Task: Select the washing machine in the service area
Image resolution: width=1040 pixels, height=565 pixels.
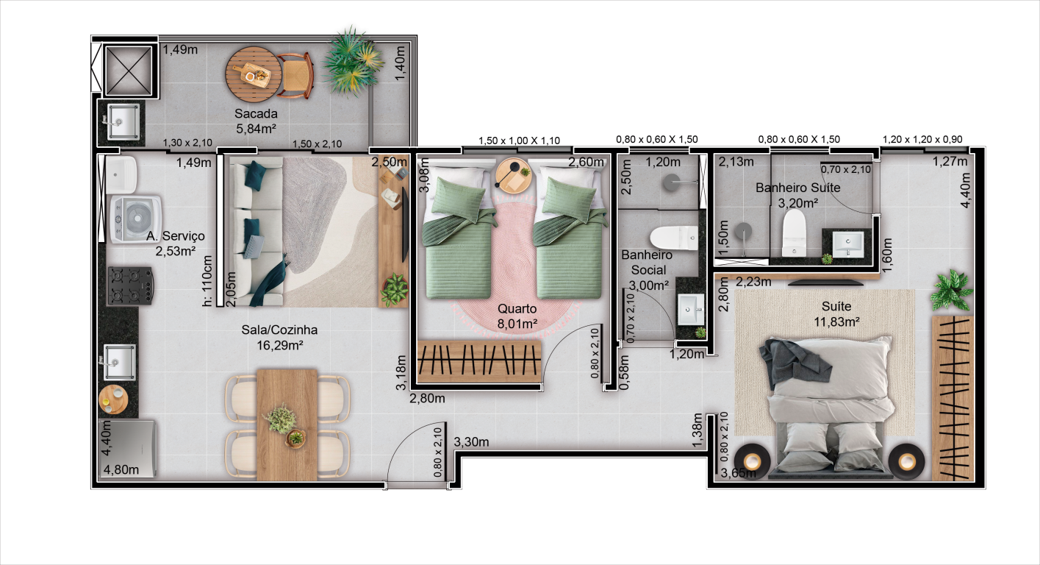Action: pyautogui.click(x=135, y=218)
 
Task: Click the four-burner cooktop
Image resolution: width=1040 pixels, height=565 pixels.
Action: pyautogui.click(x=131, y=285)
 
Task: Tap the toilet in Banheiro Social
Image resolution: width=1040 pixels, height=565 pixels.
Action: pyautogui.click(x=674, y=238)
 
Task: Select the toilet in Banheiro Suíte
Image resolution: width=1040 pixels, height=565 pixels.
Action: pyautogui.click(x=794, y=232)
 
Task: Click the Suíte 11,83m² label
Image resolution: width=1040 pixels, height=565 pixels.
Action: pyautogui.click(x=836, y=314)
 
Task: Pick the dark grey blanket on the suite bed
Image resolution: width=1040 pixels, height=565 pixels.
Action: pyautogui.click(x=794, y=363)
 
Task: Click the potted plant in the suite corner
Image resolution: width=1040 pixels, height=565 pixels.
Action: pyautogui.click(x=951, y=290)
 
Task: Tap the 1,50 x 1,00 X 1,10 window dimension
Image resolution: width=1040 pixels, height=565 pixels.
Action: pyautogui.click(x=519, y=141)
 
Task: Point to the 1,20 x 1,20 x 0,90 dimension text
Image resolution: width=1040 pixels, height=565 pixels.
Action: pyautogui.click(x=922, y=139)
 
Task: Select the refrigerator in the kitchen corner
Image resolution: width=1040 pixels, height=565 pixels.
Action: pyautogui.click(x=126, y=449)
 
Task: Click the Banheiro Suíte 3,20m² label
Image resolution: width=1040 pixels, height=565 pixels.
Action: pyautogui.click(x=797, y=195)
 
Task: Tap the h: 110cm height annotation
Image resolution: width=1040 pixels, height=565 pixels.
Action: pyautogui.click(x=207, y=280)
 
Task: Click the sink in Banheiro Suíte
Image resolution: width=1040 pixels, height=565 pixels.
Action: pyautogui.click(x=847, y=244)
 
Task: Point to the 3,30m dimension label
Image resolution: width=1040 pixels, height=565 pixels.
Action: pyautogui.click(x=471, y=442)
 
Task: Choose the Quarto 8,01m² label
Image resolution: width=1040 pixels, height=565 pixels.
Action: pyautogui.click(x=517, y=316)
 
